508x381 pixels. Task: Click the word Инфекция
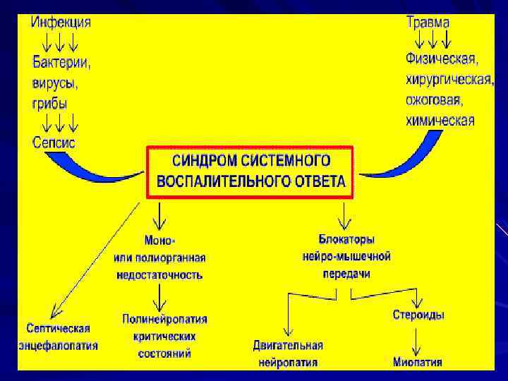[x=61, y=22]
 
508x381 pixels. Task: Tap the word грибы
[x=50, y=103]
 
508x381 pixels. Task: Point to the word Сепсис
[x=54, y=142]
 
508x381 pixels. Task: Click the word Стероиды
[x=418, y=315]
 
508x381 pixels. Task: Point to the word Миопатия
[x=418, y=363]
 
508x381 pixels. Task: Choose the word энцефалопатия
[x=58, y=346]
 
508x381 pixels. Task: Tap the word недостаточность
[x=158, y=274]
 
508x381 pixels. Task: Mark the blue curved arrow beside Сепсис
[x=106, y=167]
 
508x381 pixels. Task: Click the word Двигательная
[x=288, y=345]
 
